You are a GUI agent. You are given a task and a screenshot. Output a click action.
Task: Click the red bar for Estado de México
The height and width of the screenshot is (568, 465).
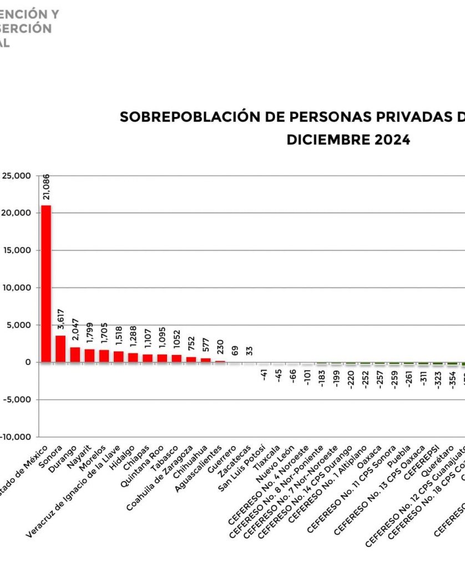(x=46, y=283)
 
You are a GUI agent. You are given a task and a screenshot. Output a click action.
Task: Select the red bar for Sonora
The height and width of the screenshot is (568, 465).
(x=60, y=349)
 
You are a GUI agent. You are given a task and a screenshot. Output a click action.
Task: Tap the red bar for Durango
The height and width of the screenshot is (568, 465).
(x=75, y=354)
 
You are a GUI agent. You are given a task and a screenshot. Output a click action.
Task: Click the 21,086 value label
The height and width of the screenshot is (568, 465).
(x=46, y=187)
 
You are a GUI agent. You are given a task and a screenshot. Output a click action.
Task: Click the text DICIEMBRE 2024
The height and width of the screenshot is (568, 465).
(x=348, y=140)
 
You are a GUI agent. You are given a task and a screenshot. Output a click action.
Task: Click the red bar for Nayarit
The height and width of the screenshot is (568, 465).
(x=89, y=356)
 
